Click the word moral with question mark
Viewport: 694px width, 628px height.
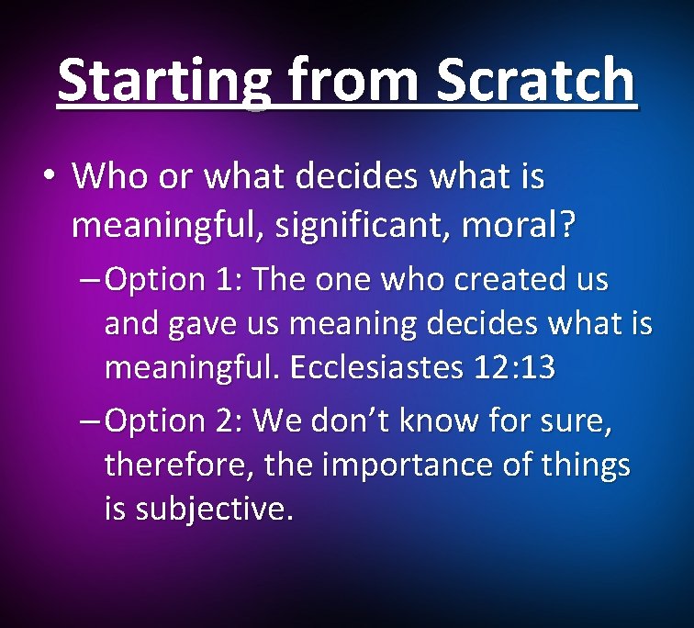point(522,224)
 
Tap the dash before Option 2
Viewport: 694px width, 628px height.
point(90,421)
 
